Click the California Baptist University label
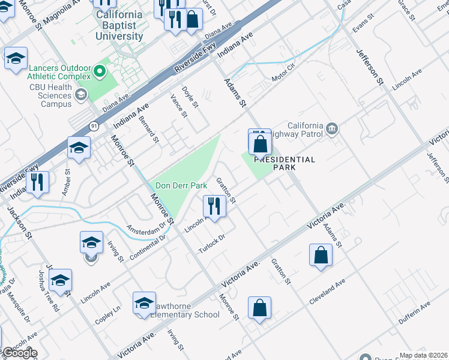pos(119,25)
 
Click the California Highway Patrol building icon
pos(331,128)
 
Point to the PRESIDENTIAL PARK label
pos(284,163)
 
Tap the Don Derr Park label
pos(181,186)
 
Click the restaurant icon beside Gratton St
pos(214,206)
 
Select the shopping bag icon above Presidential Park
pos(260,144)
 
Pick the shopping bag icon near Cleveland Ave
pos(321,254)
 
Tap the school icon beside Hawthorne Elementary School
pos(145,304)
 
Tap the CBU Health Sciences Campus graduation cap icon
pos(80,94)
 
